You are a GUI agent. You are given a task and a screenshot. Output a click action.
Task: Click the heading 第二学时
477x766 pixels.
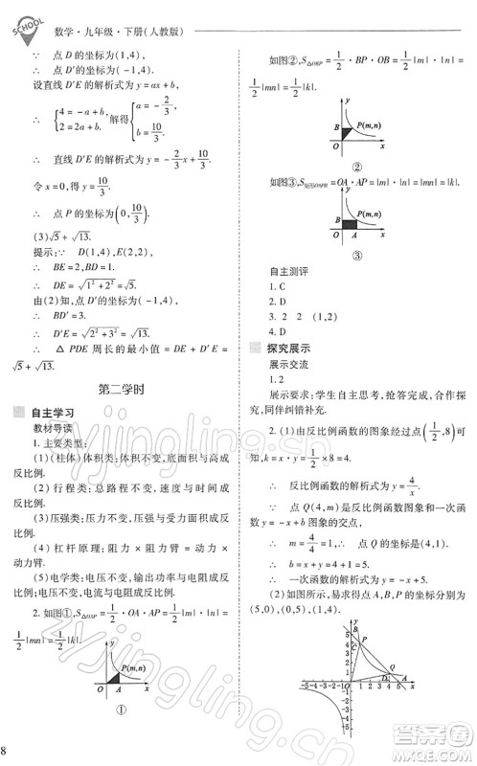(122, 390)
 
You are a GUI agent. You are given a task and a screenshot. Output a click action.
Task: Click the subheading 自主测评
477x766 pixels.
(293, 271)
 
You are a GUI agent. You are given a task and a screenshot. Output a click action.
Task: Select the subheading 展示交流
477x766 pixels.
(290, 365)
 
